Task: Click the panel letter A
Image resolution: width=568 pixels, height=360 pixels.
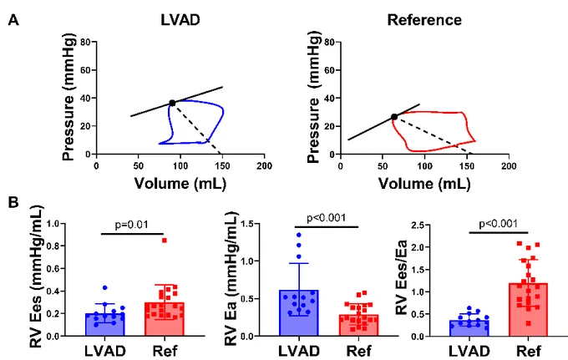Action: pyautogui.click(x=13, y=20)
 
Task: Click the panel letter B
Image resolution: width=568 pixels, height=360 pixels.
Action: pyautogui.click(x=13, y=202)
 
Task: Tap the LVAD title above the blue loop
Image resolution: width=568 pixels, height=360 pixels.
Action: pyautogui.click(x=180, y=20)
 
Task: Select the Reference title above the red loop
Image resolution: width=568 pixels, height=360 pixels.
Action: pyautogui.click(x=424, y=20)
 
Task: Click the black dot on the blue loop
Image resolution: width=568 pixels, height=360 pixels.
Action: pyautogui.click(x=172, y=104)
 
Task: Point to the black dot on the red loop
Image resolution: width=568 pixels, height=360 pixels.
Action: pyautogui.click(x=394, y=117)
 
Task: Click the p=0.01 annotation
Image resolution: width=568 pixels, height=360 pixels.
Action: pyautogui.click(x=131, y=225)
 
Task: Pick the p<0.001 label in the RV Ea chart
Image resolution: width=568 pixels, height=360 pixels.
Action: pyautogui.click(x=326, y=218)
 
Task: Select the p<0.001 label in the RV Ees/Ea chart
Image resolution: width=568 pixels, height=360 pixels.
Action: pyautogui.click(x=499, y=224)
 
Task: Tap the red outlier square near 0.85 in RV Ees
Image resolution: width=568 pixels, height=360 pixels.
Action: pyautogui.click(x=164, y=241)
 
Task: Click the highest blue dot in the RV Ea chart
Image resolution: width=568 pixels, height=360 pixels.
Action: pyautogui.click(x=299, y=235)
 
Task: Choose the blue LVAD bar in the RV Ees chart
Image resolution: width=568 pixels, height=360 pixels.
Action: pyautogui.click(x=105, y=325)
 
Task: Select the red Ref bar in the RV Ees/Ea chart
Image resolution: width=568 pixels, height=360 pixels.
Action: pyautogui.click(x=528, y=310)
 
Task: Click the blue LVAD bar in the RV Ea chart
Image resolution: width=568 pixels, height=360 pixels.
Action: pyautogui.click(x=299, y=313)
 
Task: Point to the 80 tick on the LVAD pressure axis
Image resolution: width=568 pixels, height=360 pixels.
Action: pyautogui.click(x=85, y=42)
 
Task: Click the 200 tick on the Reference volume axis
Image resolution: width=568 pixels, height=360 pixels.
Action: pyautogui.click(x=509, y=166)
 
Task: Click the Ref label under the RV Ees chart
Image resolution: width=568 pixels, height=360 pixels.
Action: pyautogui.click(x=165, y=351)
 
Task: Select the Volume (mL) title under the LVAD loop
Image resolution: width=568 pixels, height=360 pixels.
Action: pyautogui.click(x=180, y=184)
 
